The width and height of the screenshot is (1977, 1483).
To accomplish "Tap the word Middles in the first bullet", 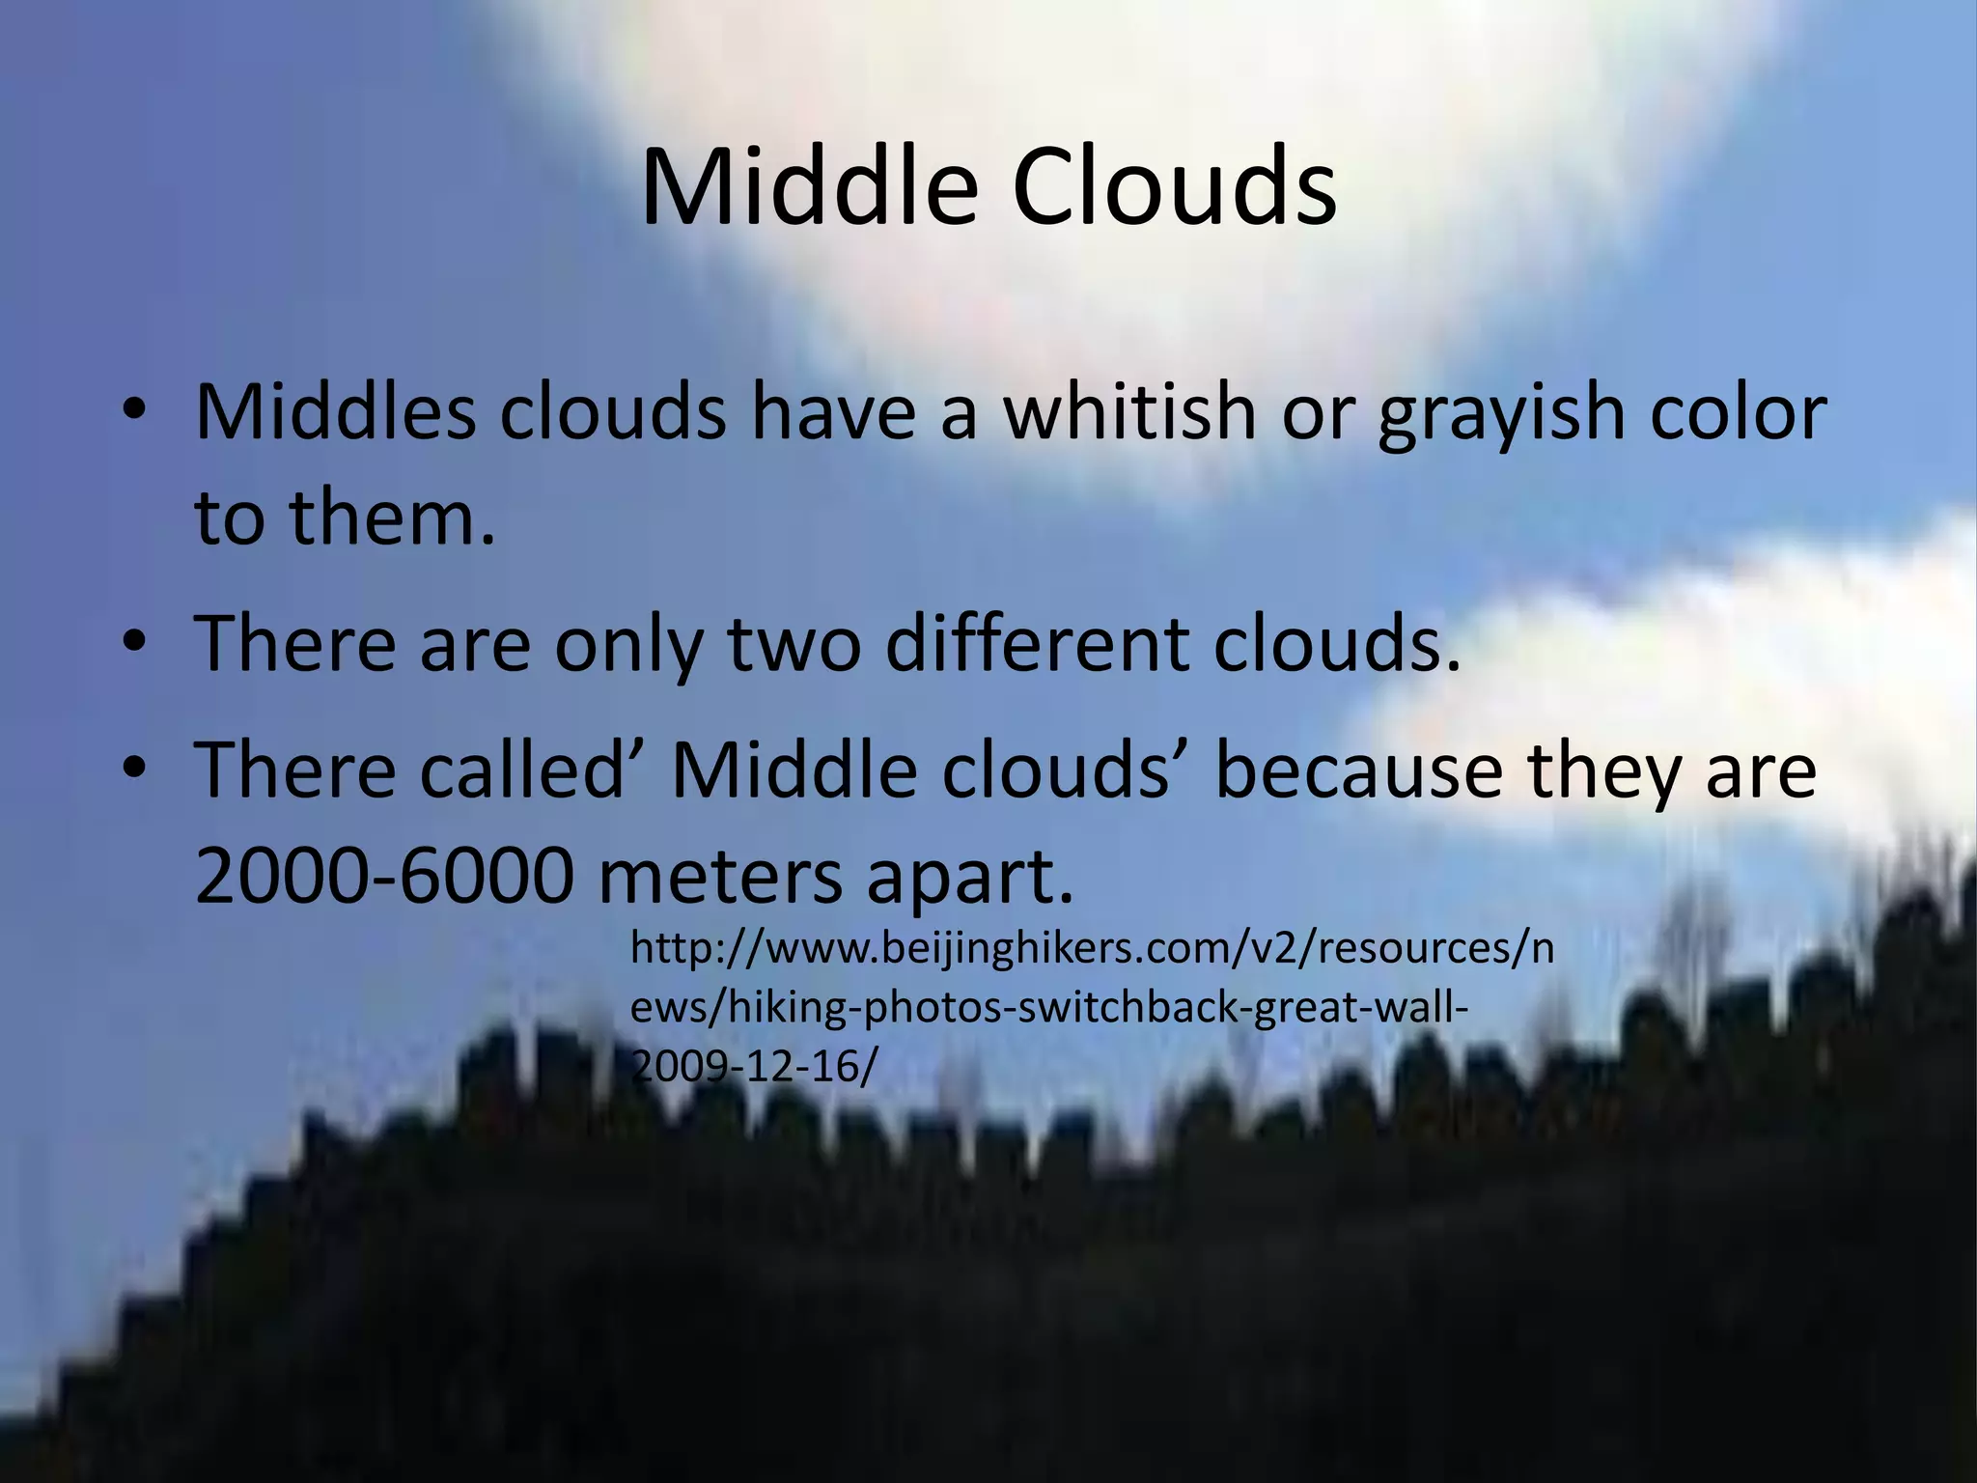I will (x=335, y=413).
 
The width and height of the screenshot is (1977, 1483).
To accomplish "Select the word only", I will (x=627, y=645).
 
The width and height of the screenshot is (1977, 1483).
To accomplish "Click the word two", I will (x=793, y=645).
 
